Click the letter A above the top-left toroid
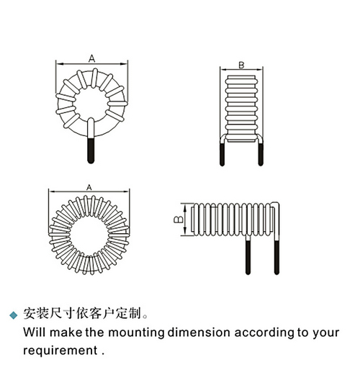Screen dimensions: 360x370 [x=92, y=58]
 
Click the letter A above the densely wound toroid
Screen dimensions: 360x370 [x=89, y=188]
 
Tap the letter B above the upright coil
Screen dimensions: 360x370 [x=241, y=65]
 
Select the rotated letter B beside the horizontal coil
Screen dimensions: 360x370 [x=179, y=219]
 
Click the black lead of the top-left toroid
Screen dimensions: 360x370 [x=91, y=150]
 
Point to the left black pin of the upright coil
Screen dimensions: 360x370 [x=222, y=154]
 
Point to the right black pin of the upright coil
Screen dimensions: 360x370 [x=261, y=154]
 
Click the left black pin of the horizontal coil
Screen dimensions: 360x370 [x=248, y=258]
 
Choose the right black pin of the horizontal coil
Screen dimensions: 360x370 [x=276, y=258]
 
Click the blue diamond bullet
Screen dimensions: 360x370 [x=14, y=315]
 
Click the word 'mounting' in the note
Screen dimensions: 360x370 [x=136, y=333]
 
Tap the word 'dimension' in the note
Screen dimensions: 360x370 [x=199, y=333]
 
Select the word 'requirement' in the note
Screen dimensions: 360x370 [x=60, y=351]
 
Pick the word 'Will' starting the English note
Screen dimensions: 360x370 [x=35, y=333]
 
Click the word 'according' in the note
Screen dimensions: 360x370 [x=264, y=333]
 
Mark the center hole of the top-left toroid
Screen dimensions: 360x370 [x=90, y=104]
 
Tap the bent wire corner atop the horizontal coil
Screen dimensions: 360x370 [x=276, y=204]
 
